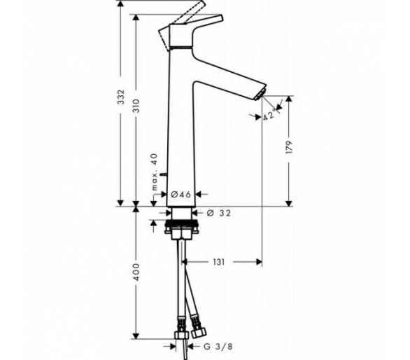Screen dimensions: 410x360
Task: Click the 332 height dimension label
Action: (x=121, y=97)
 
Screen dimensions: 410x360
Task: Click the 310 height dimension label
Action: (x=136, y=106)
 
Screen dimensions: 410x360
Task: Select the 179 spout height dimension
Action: (x=289, y=147)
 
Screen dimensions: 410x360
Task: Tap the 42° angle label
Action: (x=269, y=115)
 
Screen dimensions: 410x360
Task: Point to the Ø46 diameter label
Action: (x=181, y=194)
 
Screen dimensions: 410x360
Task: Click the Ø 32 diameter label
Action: (x=218, y=213)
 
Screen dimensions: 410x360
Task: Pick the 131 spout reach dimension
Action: (x=218, y=262)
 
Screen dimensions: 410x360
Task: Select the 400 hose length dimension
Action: (x=136, y=272)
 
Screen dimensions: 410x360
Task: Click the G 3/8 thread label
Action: (x=218, y=347)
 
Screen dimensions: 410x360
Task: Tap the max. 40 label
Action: (x=155, y=172)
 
